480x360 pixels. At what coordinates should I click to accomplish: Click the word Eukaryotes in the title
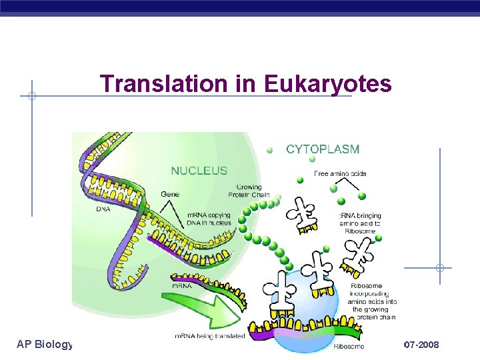point(328,84)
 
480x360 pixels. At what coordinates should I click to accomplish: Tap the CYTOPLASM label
point(323,149)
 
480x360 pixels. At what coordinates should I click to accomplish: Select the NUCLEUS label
point(199,171)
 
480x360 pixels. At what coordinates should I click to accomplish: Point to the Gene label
point(170,194)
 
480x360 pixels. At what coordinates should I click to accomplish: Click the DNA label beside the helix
point(103,209)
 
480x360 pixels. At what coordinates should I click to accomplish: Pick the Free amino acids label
point(341,174)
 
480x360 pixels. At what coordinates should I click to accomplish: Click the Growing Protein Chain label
point(249,191)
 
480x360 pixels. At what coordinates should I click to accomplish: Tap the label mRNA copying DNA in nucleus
point(208,219)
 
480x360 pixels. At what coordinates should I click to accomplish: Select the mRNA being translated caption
point(209,336)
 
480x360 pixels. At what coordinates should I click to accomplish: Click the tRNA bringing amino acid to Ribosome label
point(360,220)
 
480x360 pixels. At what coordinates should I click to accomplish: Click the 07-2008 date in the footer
point(421,344)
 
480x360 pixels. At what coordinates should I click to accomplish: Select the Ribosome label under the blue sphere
point(349,346)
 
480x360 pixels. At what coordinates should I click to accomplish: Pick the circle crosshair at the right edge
point(440,268)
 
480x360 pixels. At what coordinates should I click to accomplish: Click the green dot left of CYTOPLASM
point(269,150)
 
